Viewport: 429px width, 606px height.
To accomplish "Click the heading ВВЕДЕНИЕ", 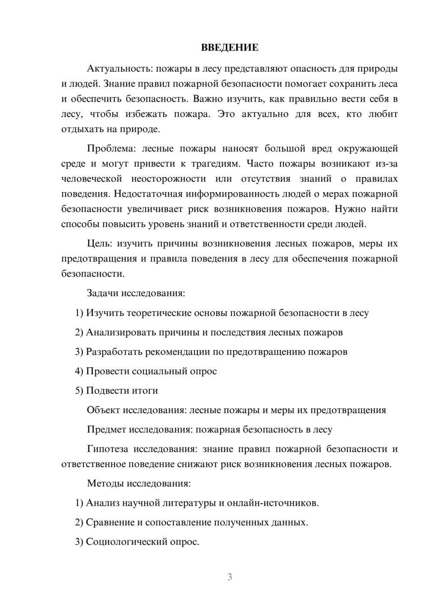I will tap(230, 48).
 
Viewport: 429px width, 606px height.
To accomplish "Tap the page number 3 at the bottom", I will tap(230, 577).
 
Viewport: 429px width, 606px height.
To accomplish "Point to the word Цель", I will tap(100, 244).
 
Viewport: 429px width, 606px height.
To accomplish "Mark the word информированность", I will tap(218, 194).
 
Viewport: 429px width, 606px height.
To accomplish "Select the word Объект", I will tap(103, 410).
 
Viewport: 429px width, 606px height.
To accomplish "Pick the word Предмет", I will tap(106, 429).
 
